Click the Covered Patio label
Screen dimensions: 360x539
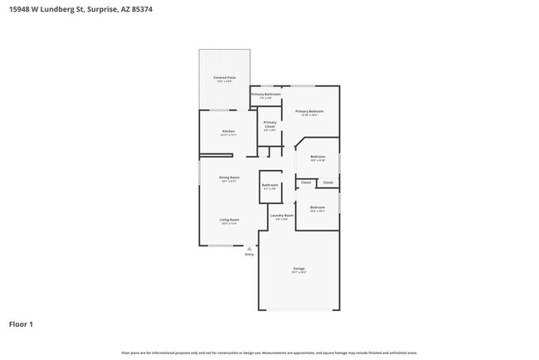click(225, 77)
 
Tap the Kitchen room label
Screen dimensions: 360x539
click(228, 131)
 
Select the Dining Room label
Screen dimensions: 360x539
click(229, 178)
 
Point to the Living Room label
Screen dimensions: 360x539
click(229, 220)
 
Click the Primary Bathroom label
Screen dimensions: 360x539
click(266, 95)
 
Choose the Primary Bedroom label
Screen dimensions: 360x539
click(309, 111)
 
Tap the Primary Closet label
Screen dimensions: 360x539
click(269, 125)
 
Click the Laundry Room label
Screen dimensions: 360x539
click(282, 216)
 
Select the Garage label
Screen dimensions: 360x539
click(299, 269)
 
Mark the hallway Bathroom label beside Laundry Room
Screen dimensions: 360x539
click(269, 185)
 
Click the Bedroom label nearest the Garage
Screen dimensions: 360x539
click(318, 207)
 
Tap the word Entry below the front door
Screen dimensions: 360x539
click(249, 254)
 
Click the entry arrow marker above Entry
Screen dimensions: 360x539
click(249, 247)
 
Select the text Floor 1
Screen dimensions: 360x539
click(21, 324)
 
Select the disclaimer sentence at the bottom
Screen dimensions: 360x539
click(269, 353)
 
